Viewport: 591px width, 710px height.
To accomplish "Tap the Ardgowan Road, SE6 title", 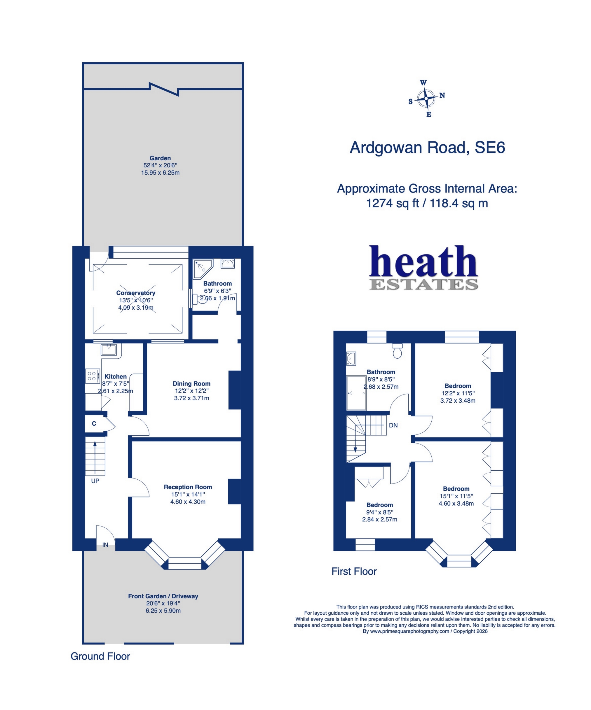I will click(x=427, y=148).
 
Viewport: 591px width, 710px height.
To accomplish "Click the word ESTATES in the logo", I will click(x=423, y=285).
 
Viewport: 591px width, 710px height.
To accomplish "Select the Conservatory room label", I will click(x=136, y=293).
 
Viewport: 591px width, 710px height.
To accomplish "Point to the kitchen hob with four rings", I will click(x=92, y=376).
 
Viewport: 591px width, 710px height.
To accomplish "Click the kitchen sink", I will click(x=109, y=350).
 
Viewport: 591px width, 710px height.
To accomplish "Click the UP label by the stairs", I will click(x=95, y=481).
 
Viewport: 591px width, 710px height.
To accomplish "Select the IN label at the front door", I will click(x=105, y=545).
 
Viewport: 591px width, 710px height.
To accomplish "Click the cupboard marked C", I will click(x=94, y=424).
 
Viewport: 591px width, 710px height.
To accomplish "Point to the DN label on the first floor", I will click(x=393, y=425).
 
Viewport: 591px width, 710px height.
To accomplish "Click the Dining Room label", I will click(x=191, y=384).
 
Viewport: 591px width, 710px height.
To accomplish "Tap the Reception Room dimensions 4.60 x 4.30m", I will click(x=188, y=502).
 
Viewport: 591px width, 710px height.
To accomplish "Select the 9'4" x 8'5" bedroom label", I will click(x=380, y=512).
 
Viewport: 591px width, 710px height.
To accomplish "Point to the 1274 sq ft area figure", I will click(x=392, y=203).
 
